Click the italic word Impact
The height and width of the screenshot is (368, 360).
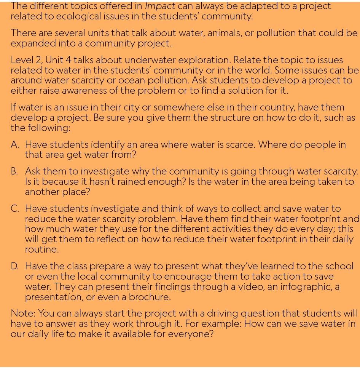160,6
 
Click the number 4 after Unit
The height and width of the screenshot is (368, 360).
68,60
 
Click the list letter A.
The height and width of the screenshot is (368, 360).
15,145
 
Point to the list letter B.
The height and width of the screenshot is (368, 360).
14,171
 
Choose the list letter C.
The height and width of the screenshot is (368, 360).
15,209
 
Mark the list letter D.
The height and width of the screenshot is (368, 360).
15,266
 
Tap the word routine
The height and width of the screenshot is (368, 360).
41,250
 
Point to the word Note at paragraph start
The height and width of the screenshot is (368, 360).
22,314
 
